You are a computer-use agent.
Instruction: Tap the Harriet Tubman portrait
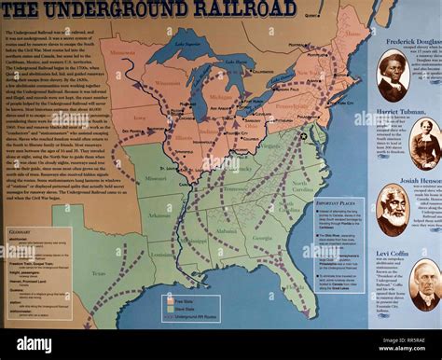pyautogui.click(x=425, y=144)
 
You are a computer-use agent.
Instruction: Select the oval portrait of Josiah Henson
pyautogui.click(x=392, y=209)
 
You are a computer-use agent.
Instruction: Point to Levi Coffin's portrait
pyautogui.click(x=424, y=284)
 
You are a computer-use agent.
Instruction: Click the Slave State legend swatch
pyautogui.click(x=168, y=310)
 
